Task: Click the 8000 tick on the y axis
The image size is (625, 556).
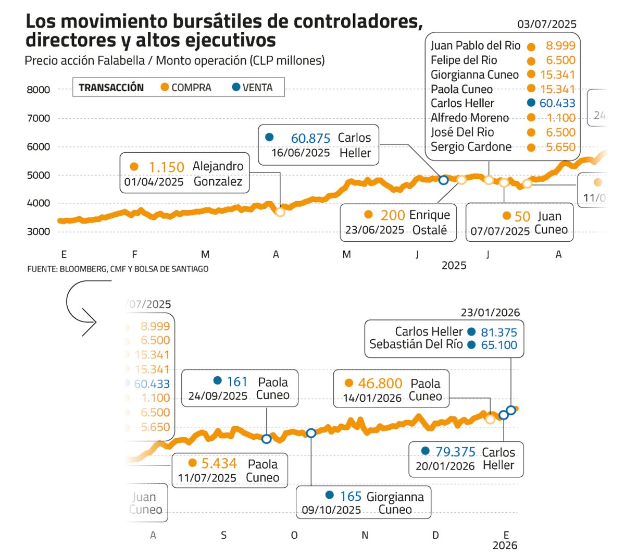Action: tap(39, 90)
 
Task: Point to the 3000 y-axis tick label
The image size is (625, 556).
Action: tap(39, 232)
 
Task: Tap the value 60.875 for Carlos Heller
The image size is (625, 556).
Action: tap(310, 138)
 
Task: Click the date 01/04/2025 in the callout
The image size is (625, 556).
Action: tap(154, 182)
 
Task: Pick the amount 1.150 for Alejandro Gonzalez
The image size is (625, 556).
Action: tap(166, 167)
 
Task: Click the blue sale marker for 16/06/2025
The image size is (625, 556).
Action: tap(443, 180)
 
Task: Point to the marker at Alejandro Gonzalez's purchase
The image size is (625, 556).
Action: tap(280, 212)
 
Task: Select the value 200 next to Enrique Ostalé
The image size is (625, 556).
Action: tap(392, 215)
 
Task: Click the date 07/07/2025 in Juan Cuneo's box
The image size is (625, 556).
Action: tap(500, 230)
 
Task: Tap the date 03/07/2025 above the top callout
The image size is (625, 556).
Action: tap(547, 24)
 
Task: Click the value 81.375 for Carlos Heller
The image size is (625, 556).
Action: tap(498, 332)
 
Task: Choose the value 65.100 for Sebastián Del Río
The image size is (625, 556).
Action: tap(498, 345)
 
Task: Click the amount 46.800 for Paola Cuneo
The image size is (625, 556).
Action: tap(380, 384)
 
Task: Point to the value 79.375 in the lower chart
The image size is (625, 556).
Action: tap(455, 451)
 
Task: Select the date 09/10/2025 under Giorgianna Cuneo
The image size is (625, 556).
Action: tap(331, 510)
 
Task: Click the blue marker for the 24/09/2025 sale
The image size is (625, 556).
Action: tap(266, 439)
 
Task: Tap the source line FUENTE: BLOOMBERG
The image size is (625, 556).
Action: tap(118, 269)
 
